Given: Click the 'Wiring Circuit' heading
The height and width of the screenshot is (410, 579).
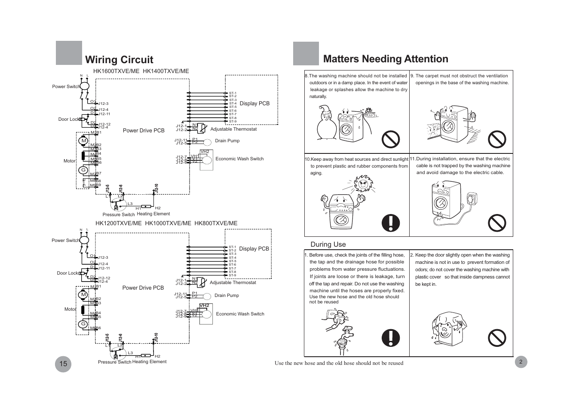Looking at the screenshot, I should pyautogui.click(x=119, y=60).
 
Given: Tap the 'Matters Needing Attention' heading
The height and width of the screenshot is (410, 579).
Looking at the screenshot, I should pyautogui.click(x=385, y=59).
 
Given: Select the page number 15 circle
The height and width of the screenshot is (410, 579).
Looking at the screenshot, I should pyautogui.click(x=63, y=364).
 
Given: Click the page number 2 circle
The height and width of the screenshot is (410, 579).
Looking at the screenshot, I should pyautogui.click(x=521, y=362).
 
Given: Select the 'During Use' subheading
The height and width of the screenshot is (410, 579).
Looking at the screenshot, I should pyautogui.click(x=328, y=245).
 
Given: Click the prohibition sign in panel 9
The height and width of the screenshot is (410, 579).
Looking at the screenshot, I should pyautogui.click(x=497, y=139).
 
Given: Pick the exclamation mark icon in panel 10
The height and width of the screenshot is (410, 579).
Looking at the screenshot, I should pyautogui.click(x=391, y=223).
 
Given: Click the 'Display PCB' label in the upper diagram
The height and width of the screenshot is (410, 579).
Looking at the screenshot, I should pyautogui.click(x=254, y=104).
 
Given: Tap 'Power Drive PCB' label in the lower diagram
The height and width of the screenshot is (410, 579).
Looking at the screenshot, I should pyautogui.click(x=143, y=288).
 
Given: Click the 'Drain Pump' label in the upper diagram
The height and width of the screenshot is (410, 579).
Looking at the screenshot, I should pyautogui.click(x=227, y=141).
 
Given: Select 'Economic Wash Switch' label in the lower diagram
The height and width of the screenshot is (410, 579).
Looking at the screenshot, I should pyautogui.click(x=240, y=314).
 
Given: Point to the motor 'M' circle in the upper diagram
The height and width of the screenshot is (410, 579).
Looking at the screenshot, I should pyautogui.click(x=83, y=141).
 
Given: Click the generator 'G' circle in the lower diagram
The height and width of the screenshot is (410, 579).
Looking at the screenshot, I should pyautogui.click(x=83, y=324).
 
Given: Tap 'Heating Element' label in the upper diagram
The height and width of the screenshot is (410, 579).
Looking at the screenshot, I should pyautogui.click(x=153, y=214).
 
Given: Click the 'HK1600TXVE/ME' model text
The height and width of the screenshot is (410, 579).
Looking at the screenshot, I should pyautogui.click(x=116, y=71).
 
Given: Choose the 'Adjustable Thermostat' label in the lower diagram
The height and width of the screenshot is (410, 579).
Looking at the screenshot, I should pyautogui.click(x=233, y=282).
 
